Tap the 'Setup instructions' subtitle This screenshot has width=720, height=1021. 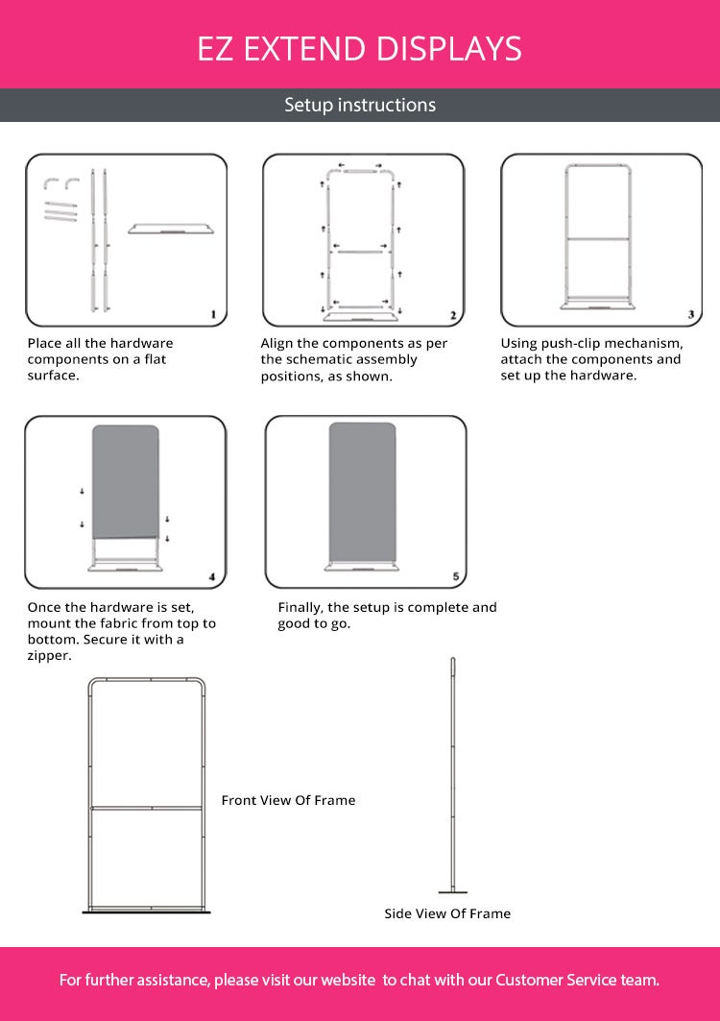pyautogui.click(x=360, y=105)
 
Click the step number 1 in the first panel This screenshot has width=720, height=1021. pyautogui.click(x=213, y=314)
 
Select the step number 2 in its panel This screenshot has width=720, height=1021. pyautogui.click(x=453, y=315)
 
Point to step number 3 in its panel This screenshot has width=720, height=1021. pyautogui.click(x=690, y=314)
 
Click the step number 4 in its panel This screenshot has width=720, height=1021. pyautogui.click(x=212, y=577)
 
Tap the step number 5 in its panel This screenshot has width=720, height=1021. pyautogui.click(x=456, y=576)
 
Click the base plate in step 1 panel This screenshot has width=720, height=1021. pyautogui.click(x=171, y=229)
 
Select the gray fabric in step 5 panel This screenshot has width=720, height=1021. pyautogui.click(x=362, y=493)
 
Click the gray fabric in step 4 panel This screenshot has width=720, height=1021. pyautogui.click(x=126, y=482)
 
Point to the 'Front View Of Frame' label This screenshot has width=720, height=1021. pyautogui.click(x=288, y=800)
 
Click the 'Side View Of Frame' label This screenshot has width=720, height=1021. pyautogui.click(x=447, y=913)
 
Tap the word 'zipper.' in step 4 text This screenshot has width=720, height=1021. pyautogui.click(x=50, y=656)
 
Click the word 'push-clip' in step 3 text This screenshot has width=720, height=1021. pyautogui.click(x=570, y=344)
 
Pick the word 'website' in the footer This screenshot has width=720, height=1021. pyautogui.click(x=348, y=980)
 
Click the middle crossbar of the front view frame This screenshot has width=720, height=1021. pyautogui.click(x=147, y=809)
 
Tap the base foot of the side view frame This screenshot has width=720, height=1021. pyautogui.click(x=453, y=891)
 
